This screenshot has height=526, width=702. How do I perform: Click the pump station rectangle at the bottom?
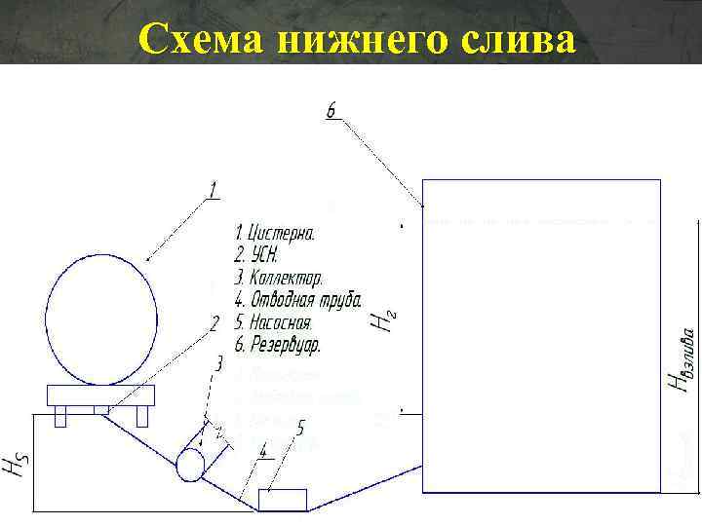tap(282, 500)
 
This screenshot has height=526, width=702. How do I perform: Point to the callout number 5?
tap(300, 427)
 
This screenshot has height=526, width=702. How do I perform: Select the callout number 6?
tap(331, 113)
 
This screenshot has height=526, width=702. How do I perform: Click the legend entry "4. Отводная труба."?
tap(298, 300)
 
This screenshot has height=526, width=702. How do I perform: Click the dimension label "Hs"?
tap(14, 469)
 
